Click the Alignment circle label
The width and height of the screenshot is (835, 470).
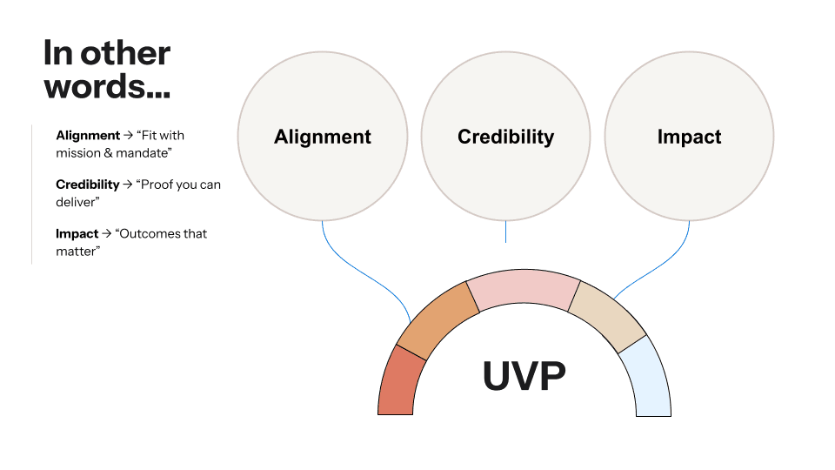tap(323, 137)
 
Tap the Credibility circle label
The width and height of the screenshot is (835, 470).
tap(505, 137)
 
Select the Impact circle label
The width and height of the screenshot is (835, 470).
tap(689, 137)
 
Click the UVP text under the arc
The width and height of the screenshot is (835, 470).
tap(524, 376)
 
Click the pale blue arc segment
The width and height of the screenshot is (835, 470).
tap(648, 376)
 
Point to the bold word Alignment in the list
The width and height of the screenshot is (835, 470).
tap(88, 136)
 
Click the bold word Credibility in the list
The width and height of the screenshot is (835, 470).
tap(88, 185)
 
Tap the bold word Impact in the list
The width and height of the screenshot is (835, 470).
tap(77, 234)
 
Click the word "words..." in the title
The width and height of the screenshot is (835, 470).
tap(106, 86)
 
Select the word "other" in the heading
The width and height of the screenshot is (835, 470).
tap(124, 53)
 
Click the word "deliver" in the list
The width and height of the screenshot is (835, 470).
tap(73, 201)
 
